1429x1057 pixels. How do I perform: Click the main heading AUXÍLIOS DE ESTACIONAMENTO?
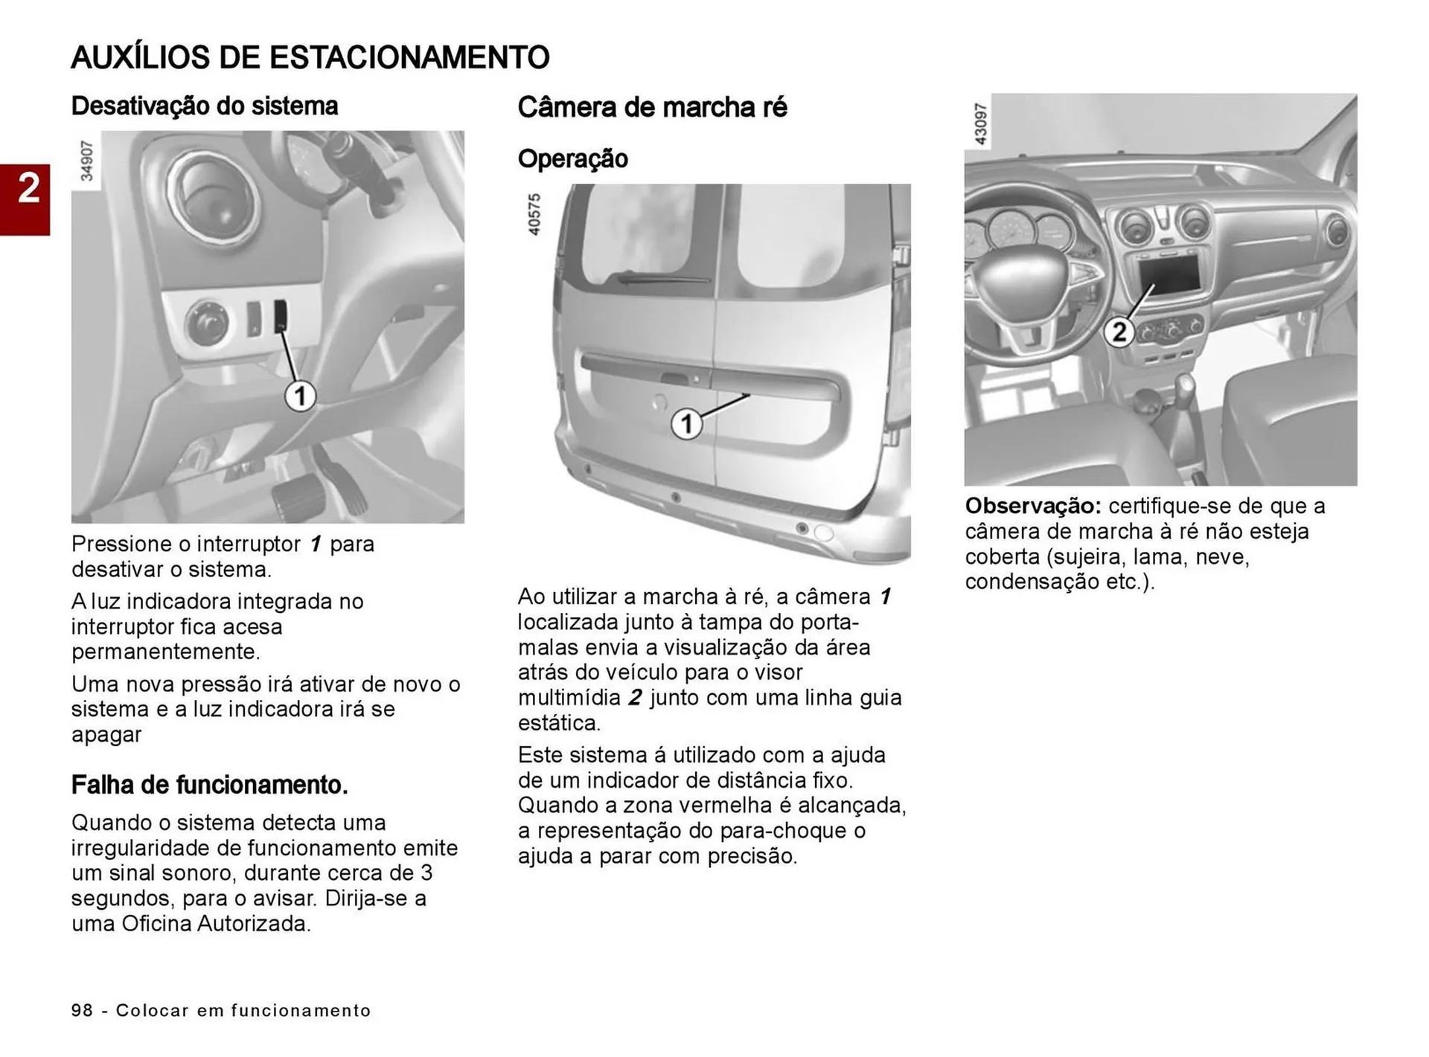click(x=310, y=57)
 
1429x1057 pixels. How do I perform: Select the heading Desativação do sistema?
click(x=204, y=106)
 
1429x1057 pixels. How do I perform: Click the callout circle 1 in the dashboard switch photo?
click(x=300, y=396)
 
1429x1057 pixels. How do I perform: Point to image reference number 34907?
click(x=87, y=161)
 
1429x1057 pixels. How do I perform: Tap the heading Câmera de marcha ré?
click(x=652, y=107)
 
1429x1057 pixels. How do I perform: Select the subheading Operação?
click(x=572, y=158)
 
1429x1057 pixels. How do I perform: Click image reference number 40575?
click(x=534, y=214)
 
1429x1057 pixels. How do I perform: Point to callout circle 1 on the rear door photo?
click(x=686, y=425)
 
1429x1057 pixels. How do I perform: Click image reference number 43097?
click(x=980, y=123)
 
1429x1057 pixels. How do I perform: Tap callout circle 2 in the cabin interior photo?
click(x=1118, y=331)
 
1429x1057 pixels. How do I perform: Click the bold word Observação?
click(x=1032, y=506)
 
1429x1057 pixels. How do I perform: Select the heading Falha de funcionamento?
click(x=209, y=785)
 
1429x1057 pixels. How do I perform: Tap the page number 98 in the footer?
click(x=82, y=1010)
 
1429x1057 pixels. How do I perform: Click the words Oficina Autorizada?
click(x=216, y=924)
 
